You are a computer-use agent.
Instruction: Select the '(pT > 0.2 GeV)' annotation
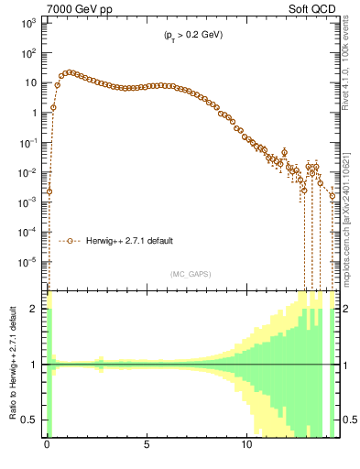[x=188, y=35]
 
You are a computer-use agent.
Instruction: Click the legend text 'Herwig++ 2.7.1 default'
[x=129, y=241]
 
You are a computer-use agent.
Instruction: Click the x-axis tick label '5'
[x=147, y=452]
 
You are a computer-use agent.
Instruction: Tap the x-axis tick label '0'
[x=47, y=452]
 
